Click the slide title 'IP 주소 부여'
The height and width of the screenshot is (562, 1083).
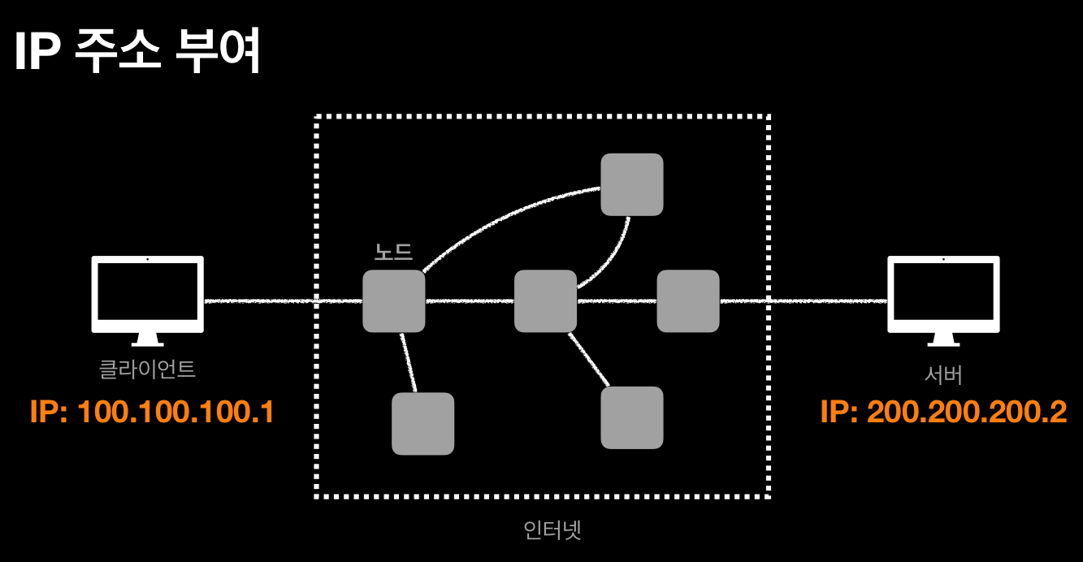click(x=136, y=54)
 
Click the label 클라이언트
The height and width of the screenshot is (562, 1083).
click(x=147, y=370)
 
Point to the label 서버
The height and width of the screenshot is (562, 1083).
click(x=943, y=374)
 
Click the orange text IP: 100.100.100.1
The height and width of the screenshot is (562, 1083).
click(x=152, y=413)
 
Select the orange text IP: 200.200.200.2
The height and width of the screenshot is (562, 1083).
click(x=943, y=413)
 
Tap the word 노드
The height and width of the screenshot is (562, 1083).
click(x=393, y=252)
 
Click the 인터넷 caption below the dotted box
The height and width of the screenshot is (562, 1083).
click(x=553, y=530)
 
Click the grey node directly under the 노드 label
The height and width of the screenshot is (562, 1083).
click(x=394, y=301)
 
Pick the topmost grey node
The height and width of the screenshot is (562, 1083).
click(x=632, y=184)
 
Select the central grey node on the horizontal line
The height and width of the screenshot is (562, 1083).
click(x=545, y=301)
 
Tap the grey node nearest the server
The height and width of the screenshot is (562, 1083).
click(x=688, y=301)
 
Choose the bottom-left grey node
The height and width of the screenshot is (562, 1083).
click(x=422, y=423)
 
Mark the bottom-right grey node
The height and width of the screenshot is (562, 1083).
click(x=632, y=417)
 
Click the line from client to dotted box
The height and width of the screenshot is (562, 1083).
click(x=260, y=301)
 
